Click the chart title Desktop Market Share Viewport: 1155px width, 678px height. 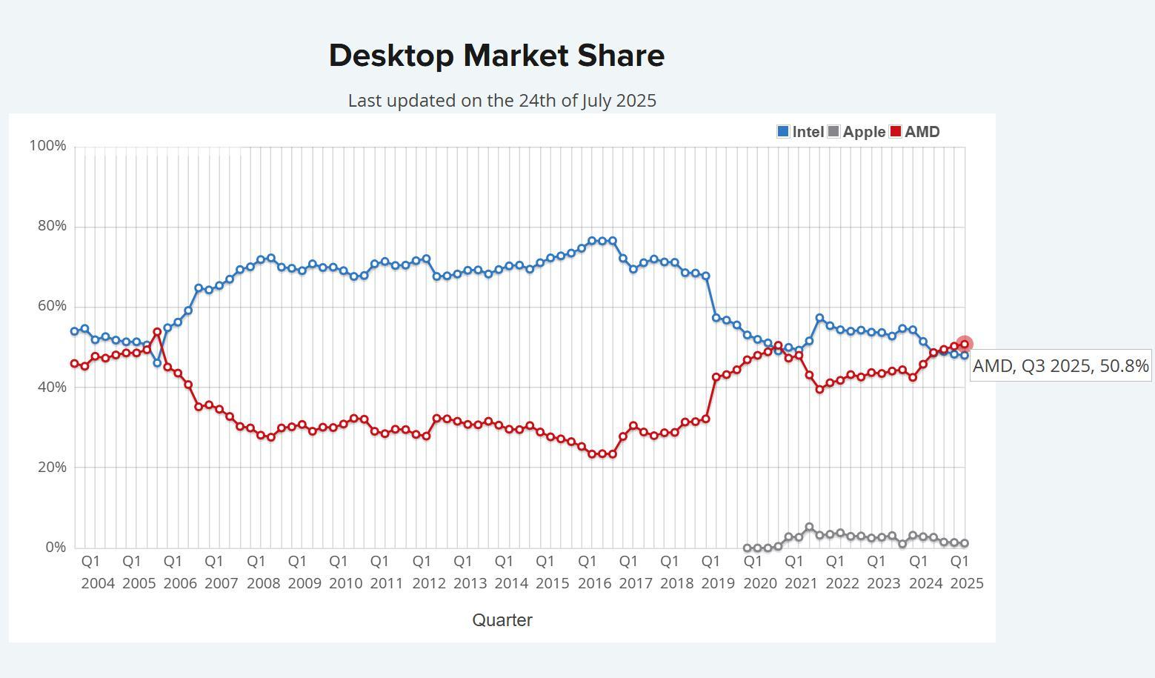click(496, 56)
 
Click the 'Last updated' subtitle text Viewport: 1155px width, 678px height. click(502, 101)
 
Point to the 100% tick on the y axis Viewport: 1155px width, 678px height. click(47, 146)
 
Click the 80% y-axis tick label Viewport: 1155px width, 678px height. click(52, 226)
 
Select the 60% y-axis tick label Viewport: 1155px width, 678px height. click(52, 306)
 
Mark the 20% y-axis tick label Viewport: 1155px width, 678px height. click(52, 468)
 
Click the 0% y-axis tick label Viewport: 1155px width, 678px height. click(56, 548)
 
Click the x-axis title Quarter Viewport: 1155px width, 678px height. click(502, 620)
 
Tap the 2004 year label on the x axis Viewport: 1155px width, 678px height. click(98, 583)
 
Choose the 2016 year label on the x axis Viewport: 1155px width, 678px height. click(594, 583)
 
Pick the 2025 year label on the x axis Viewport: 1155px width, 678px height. click(966, 583)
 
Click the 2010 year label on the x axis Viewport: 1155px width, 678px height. click(346, 583)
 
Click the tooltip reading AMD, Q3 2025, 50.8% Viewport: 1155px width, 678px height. click(1060, 366)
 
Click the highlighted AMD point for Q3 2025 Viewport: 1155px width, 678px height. click(965, 345)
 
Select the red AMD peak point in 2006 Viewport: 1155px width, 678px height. click(157, 332)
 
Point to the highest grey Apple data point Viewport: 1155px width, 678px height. click(809, 528)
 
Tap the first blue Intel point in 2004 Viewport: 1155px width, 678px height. click(74, 331)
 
